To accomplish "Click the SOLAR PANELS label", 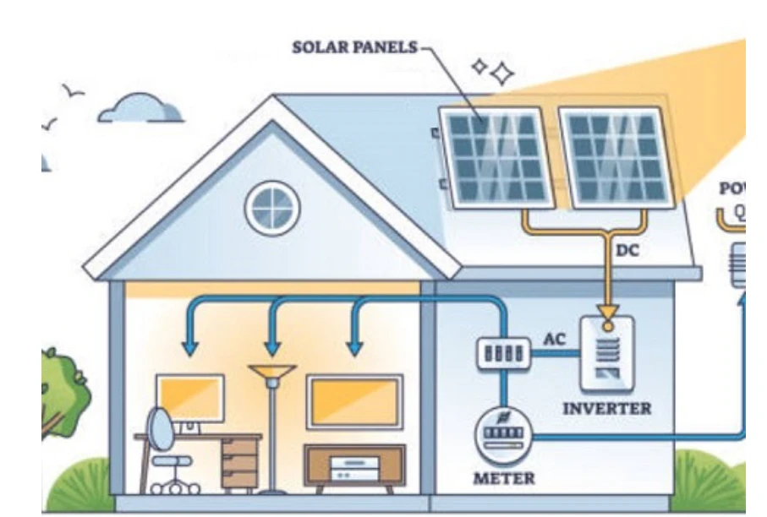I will click(354, 47).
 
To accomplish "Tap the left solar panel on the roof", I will click(496, 157).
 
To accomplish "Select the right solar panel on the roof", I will click(616, 157).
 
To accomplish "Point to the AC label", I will click(554, 340).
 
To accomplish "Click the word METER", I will click(503, 479).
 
